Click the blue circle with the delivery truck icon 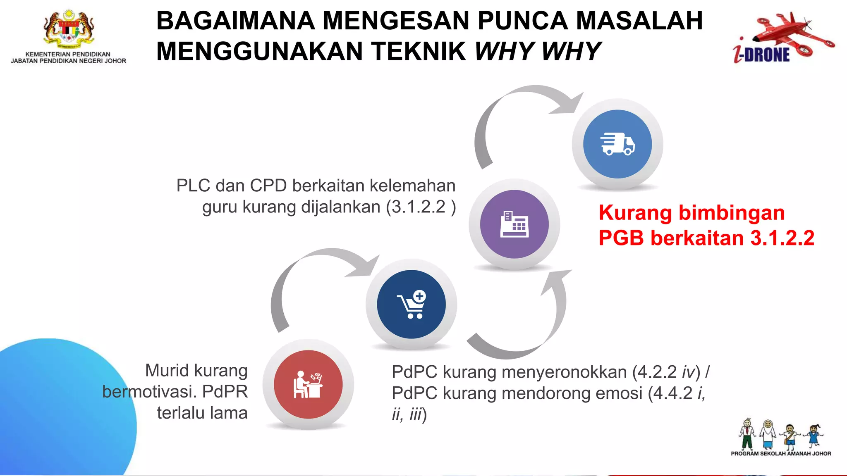click(x=617, y=144)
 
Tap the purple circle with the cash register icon click(x=514, y=224)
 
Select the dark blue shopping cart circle click(x=411, y=305)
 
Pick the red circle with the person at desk click(x=308, y=385)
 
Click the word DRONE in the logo click(x=767, y=55)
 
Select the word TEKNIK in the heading click(x=419, y=51)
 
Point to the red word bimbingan click(x=732, y=213)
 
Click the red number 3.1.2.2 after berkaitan click(x=782, y=238)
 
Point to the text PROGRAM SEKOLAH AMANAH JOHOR click(x=781, y=454)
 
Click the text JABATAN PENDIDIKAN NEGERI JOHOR click(x=69, y=61)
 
